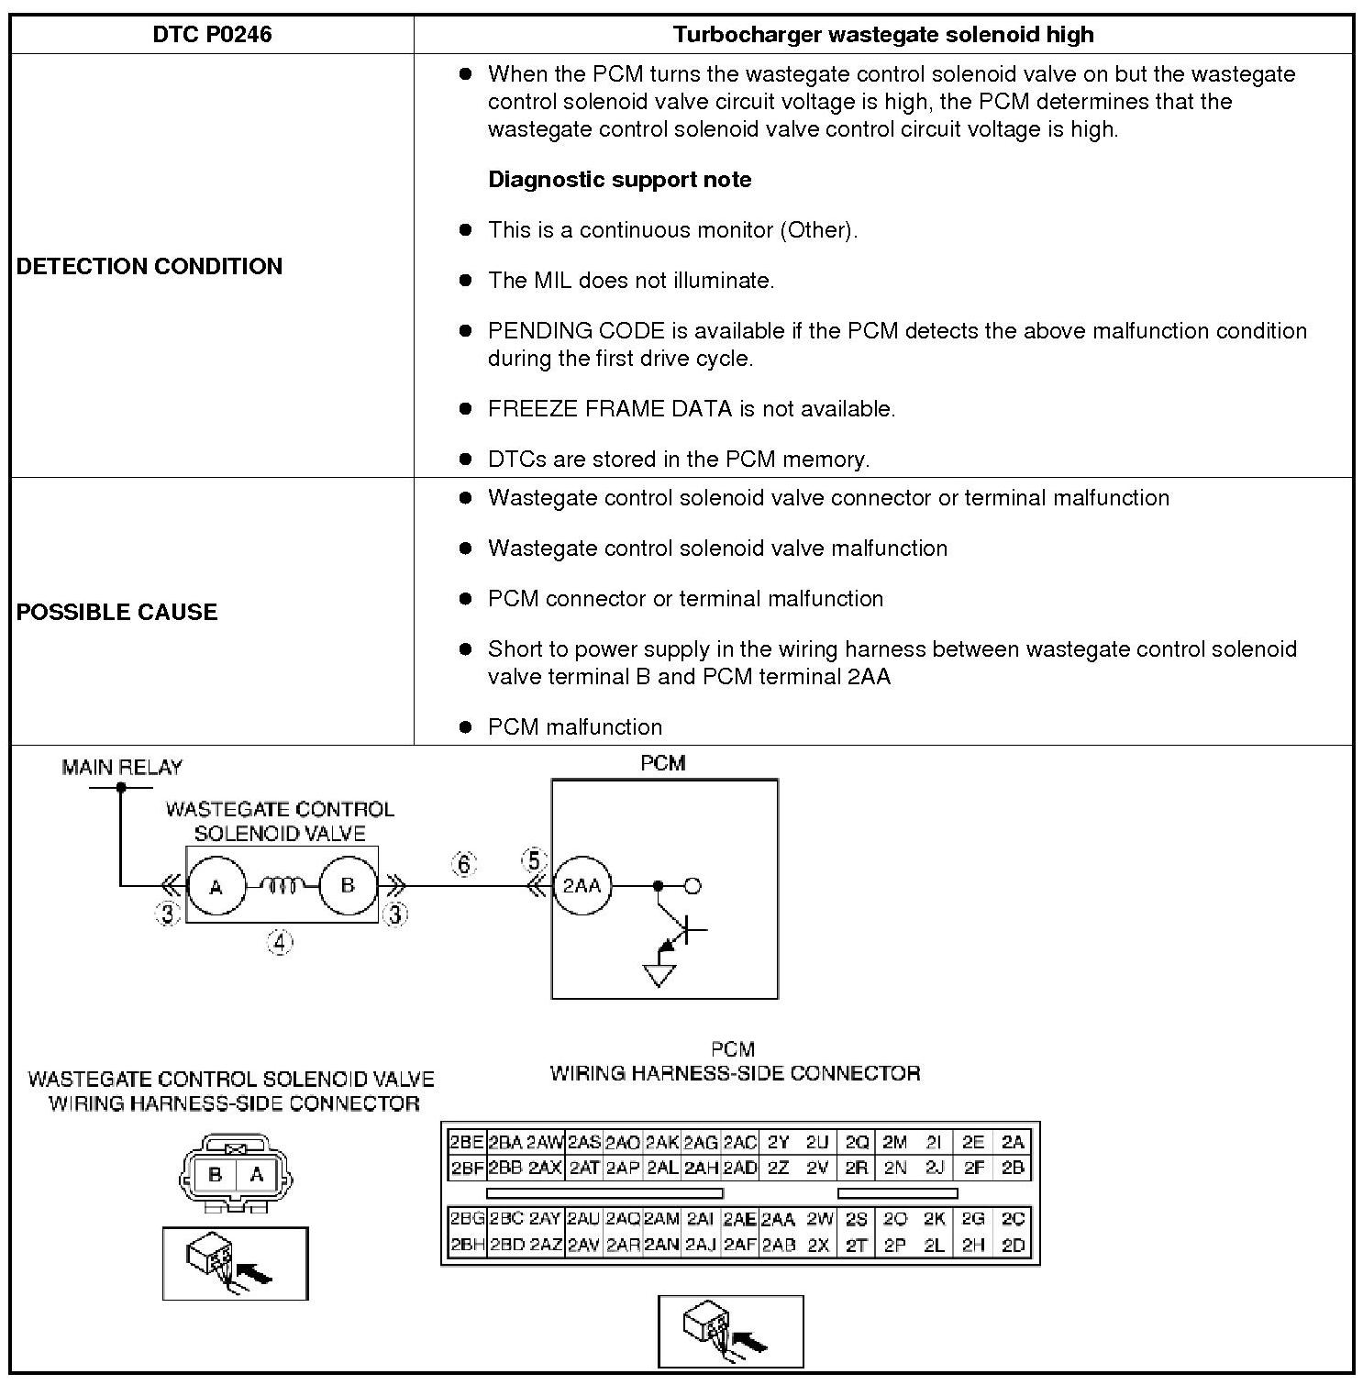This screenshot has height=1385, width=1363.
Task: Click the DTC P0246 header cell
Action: [212, 35]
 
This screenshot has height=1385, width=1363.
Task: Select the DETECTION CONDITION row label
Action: [150, 266]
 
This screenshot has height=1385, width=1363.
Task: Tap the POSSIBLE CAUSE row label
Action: [117, 612]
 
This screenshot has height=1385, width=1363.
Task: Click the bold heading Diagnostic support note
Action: [619, 179]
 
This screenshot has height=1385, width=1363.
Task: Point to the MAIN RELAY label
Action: [122, 767]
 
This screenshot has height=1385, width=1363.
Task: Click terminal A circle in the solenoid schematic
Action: [216, 886]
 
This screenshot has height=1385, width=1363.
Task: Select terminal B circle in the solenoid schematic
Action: [348, 886]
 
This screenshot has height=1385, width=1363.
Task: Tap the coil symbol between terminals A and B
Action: [283, 885]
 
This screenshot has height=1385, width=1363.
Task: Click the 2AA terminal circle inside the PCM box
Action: [582, 886]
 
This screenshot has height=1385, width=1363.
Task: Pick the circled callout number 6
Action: [464, 864]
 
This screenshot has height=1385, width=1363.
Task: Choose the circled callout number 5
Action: [534, 860]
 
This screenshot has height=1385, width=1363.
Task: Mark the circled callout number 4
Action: [280, 941]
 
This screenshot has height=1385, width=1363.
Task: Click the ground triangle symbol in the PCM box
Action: [659, 975]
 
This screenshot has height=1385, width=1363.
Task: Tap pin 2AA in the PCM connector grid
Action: [778, 1219]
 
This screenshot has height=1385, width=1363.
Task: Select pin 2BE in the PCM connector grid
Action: [466, 1142]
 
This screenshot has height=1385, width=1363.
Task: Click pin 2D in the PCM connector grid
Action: [1013, 1246]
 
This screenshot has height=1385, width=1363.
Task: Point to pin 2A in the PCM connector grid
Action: [1013, 1142]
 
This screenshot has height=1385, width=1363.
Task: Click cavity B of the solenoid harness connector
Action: [216, 1174]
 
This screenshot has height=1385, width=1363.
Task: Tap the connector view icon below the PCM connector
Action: [730, 1331]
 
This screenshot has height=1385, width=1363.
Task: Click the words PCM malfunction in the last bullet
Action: [574, 726]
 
